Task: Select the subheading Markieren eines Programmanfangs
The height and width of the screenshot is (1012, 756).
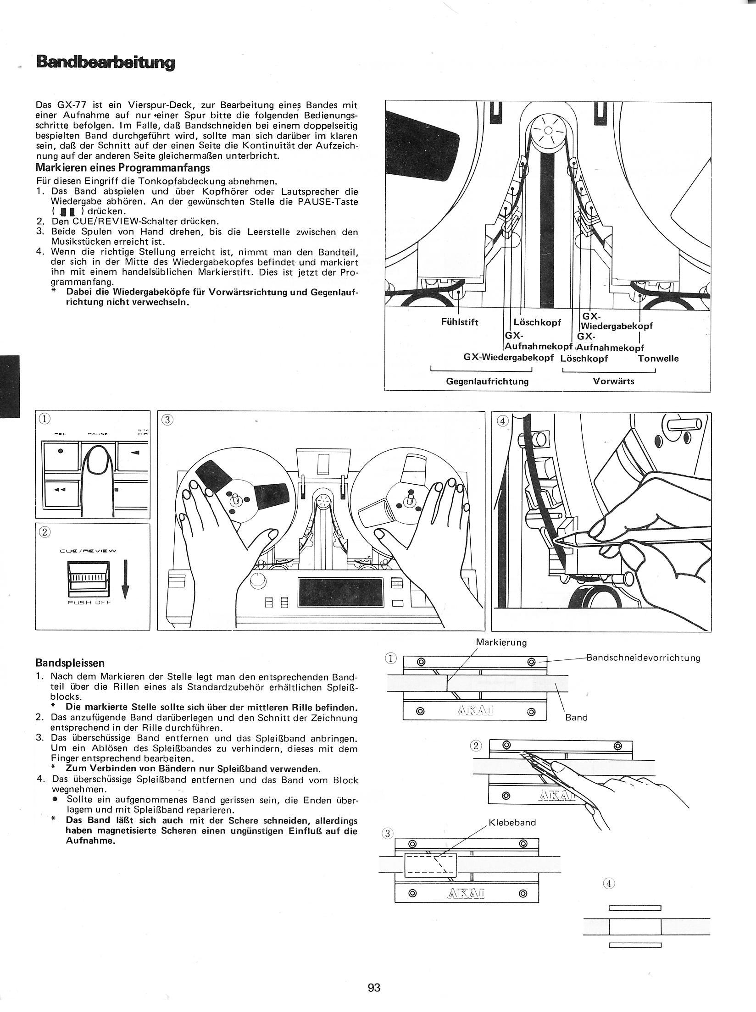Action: click(x=122, y=167)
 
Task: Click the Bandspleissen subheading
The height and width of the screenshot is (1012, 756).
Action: click(x=70, y=663)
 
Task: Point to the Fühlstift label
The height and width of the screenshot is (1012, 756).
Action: click(x=459, y=322)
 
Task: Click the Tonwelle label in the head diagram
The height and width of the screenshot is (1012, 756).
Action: click(x=658, y=358)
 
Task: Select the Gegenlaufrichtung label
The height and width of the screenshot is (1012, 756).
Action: click(x=488, y=381)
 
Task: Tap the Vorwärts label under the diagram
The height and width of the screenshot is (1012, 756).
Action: click(x=613, y=381)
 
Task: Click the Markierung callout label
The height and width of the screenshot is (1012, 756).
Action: click(x=501, y=642)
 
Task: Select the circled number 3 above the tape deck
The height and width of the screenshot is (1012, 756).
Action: click(x=167, y=419)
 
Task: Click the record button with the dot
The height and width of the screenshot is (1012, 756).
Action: click(x=61, y=451)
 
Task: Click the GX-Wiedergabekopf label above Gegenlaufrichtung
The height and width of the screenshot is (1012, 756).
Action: click(x=509, y=358)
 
